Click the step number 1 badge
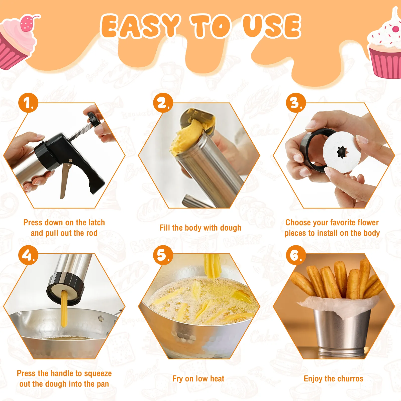[x=28, y=103]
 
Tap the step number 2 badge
[x=163, y=103]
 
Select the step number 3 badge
[x=296, y=103]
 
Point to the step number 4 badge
[x=28, y=255]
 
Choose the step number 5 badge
[x=163, y=255]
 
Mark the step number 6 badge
[x=296, y=255]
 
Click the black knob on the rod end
[x=93, y=120]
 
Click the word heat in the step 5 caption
[x=217, y=378]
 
